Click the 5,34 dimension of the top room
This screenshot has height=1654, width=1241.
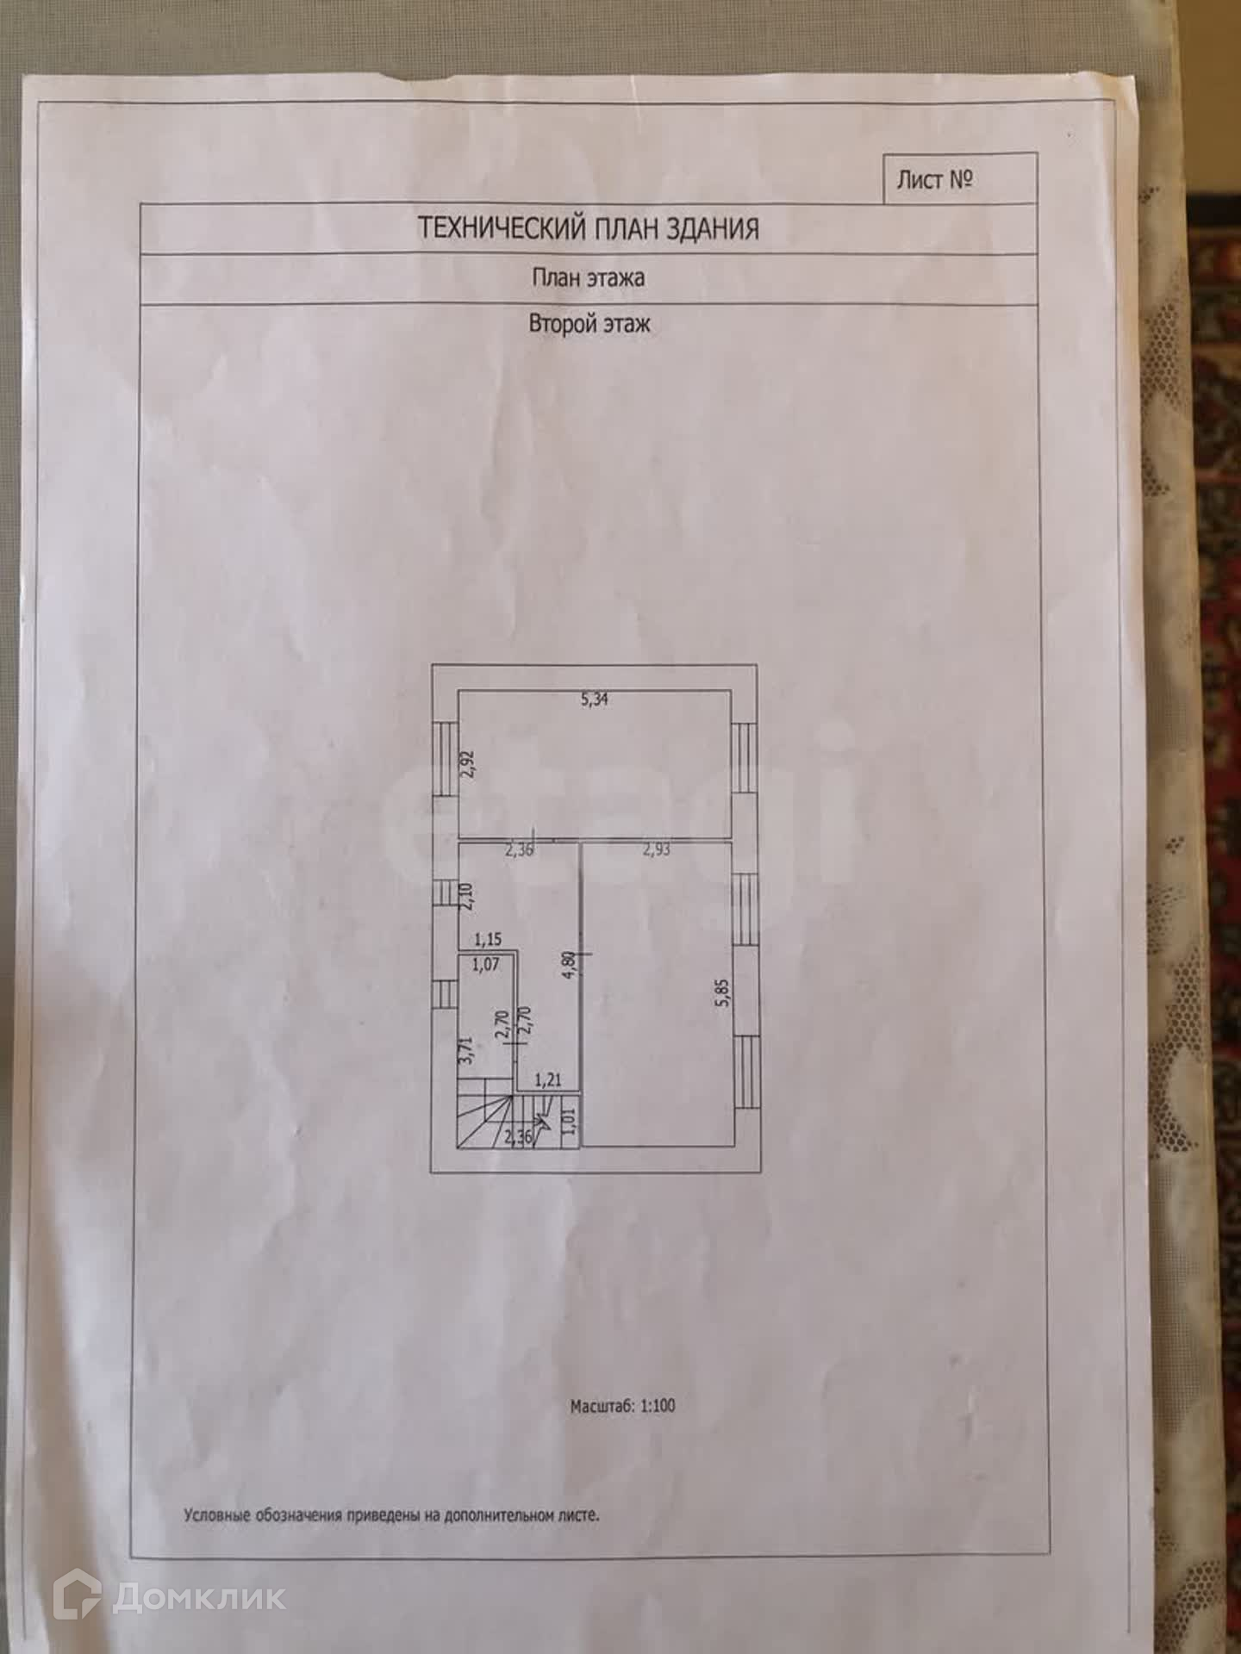pyautogui.click(x=595, y=700)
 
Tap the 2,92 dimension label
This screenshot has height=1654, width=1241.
pyautogui.click(x=467, y=765)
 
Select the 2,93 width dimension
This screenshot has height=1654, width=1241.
pyautogui.click(x=656, y=850)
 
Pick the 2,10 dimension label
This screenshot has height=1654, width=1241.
pyautogui.click(x=466, y=898)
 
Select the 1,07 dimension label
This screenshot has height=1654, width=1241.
pyautogui.click(x=485, y=965)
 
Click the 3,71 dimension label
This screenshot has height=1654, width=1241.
pyautogui.click(x=466, y=1052)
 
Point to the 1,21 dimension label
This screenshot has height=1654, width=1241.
pyautogui.click(x=548, y=1079)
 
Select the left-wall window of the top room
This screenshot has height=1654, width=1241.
pyautogui.click(x=446, y=758)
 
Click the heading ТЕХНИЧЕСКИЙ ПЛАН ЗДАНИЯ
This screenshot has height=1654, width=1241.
pyautogui.click(x=589, y=229)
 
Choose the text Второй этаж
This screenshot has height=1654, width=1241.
pyautogui.click(x=589, y=325)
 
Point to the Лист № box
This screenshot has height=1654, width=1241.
pyautogui.click(x=961, y=179)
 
